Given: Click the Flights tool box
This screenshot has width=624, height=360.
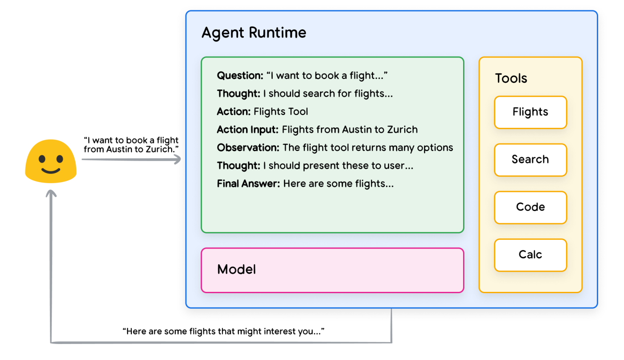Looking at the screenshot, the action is (x=530, y=112).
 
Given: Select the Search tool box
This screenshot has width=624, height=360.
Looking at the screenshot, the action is (x=530, y=160).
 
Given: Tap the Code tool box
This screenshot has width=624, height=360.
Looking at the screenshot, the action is (x=530, y=208).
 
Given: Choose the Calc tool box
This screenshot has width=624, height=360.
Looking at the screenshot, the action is (x=530, y=255).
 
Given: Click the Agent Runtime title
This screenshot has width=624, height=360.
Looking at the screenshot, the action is (x=254, y=33).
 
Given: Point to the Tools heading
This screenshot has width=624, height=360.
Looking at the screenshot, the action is (x=511, y=78).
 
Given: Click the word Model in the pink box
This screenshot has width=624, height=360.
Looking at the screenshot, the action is (x=236, y=270).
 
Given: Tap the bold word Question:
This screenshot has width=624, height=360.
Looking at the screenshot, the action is (x=240, y=75).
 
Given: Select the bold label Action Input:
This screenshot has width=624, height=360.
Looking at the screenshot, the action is (x=248, y=130).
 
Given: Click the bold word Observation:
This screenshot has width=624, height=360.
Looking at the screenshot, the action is (x=248, y=147).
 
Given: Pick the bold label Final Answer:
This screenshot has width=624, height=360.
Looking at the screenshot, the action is (x=248, y=184).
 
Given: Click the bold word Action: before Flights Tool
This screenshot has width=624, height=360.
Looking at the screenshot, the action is (x=234, y=112).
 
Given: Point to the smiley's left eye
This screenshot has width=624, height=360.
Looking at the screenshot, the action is (x=42, y=159).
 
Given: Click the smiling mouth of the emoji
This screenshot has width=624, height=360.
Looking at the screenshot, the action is (x=51, y=170).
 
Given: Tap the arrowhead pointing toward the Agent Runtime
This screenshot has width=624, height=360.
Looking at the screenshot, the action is (x=177, y=159).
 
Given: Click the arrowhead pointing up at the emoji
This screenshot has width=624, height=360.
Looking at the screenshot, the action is (x=51, y=193).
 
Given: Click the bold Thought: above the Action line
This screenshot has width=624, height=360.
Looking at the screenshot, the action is (x=238, y=94).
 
